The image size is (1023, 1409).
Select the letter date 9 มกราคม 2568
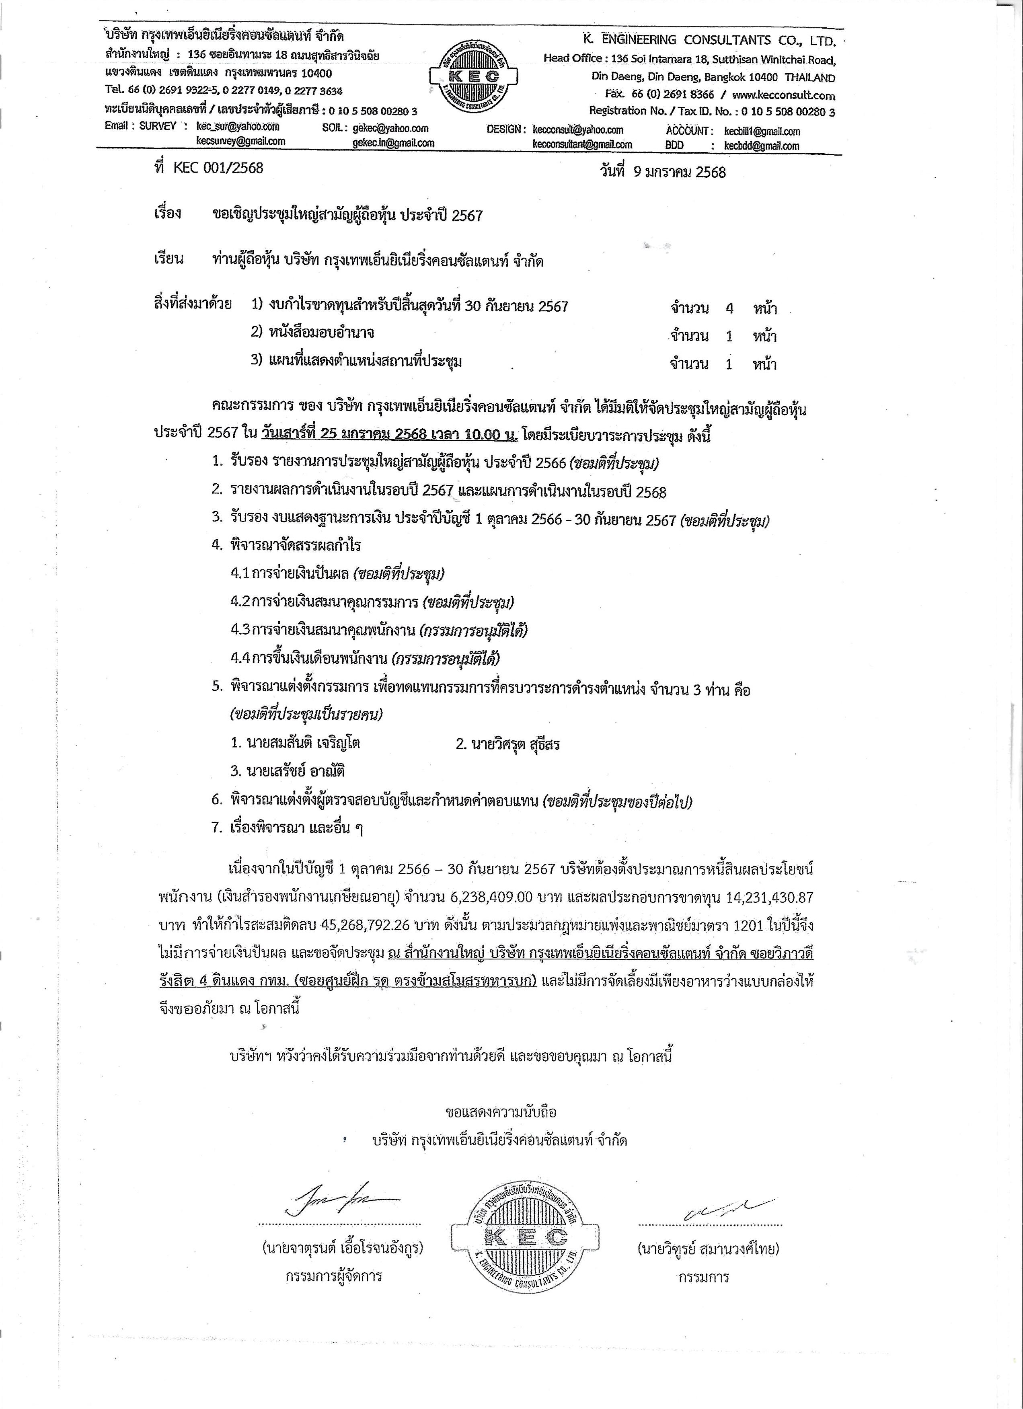click(x=679, y=172)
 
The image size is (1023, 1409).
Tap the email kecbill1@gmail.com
click(x=762, y=131)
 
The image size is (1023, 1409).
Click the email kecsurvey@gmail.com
click(x=240, y=141)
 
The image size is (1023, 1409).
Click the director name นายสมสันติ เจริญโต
click(x=295, y=743)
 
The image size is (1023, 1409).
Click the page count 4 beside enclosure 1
click(x=729, y=308)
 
